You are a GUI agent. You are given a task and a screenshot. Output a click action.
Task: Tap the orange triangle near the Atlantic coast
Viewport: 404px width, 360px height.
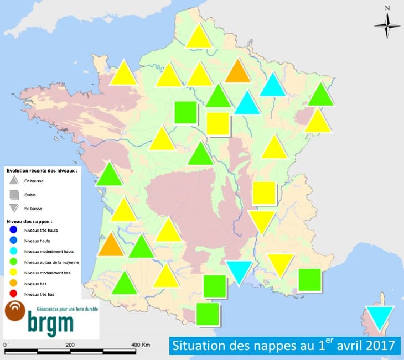click(x=111, y=245)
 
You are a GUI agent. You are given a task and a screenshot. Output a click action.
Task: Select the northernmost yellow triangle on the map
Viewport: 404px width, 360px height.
click(x=199, y=38)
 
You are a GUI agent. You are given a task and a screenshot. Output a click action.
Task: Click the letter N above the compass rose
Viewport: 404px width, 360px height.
click(x=387, y=8)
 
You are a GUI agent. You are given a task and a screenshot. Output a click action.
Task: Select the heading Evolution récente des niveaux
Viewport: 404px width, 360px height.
click(x=42, y=171)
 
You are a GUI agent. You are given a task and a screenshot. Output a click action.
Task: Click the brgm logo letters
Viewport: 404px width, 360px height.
click(x=51, y=322)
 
